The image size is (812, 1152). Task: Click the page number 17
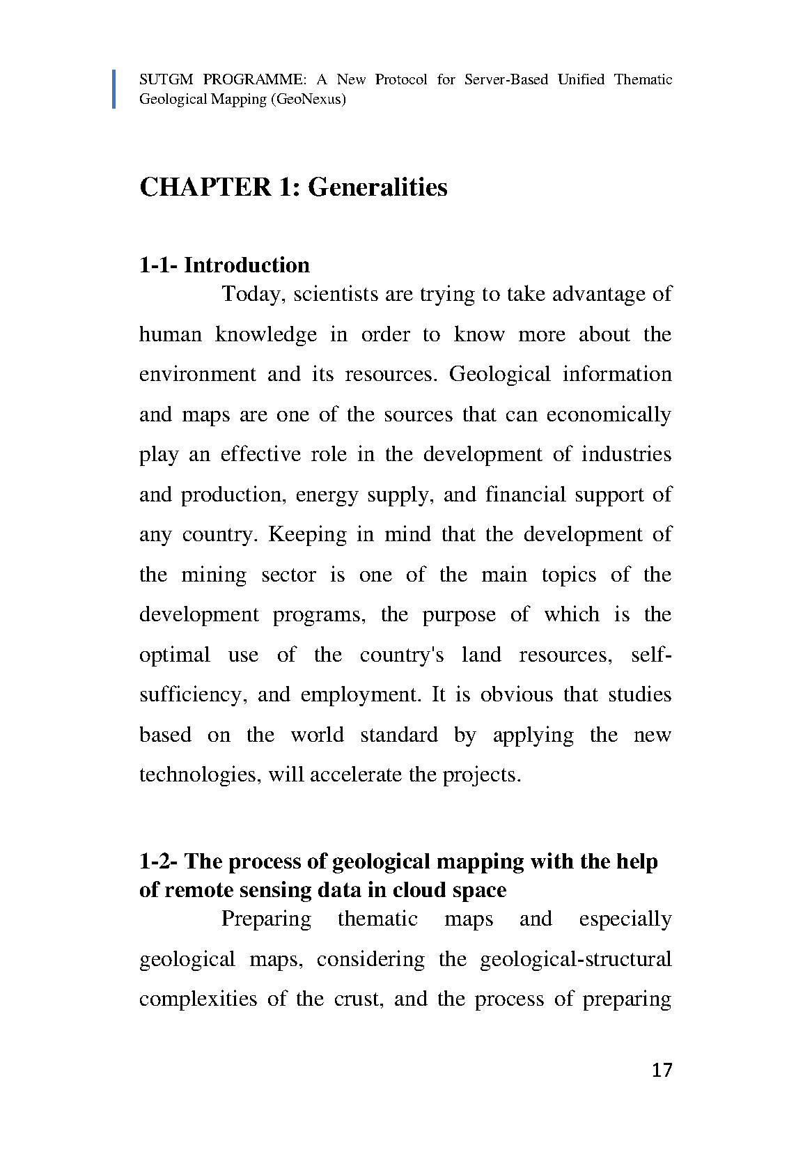pyautogui.click(x=662, y=1070)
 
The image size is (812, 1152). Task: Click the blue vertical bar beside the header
pyautogui.click(x=114, y=89)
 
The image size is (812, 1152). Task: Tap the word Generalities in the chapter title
pyautogui.click(x=377, y=187)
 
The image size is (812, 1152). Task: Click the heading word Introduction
pyautogui.click(x=247, y=265)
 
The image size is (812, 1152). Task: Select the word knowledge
pyautogui.click(x=265, y=334)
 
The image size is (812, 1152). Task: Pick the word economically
pyautogui.click(x=609, y=415)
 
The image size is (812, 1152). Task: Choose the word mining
pyautogui.click(x=214, y=575)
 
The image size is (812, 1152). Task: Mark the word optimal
pyautogui.click(x=174, y=655)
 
